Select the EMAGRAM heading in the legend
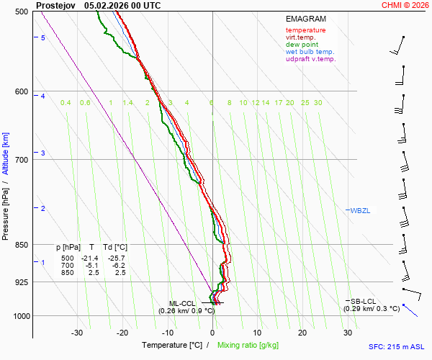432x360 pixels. click(x=305, y=19)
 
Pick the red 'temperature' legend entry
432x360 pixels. click(x=305, y=30)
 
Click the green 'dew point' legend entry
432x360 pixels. click(x=302, y=45)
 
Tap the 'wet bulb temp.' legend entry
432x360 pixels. click(x=310, y=52)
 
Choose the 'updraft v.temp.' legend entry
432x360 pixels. click(x=310, y=59)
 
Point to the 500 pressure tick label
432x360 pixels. click(x=22, y=12)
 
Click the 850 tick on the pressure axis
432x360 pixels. click(x=22, y=245)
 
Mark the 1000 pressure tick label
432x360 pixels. click(x=19, y=316)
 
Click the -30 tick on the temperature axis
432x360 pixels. click(x=77, y=333)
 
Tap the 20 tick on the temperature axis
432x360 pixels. click(x=302, y=333)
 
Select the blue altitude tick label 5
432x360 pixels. click(x=43, y=37)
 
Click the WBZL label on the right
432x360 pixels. click(x=359, y=210)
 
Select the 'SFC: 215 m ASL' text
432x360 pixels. click(x=397, y=346)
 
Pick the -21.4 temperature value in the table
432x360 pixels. click(x=90, y=258)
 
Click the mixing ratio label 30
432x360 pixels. click(x=318, y=103)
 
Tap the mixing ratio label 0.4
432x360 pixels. click(x=66, y=103)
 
